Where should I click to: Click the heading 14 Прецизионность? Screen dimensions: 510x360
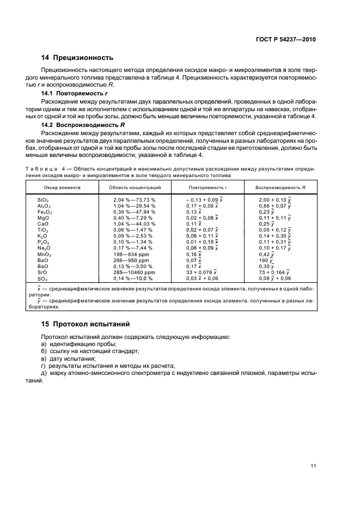tap(77, 57)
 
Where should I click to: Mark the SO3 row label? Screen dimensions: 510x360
tap(42, 277)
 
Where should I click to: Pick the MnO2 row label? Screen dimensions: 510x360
tap(44, 254)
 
